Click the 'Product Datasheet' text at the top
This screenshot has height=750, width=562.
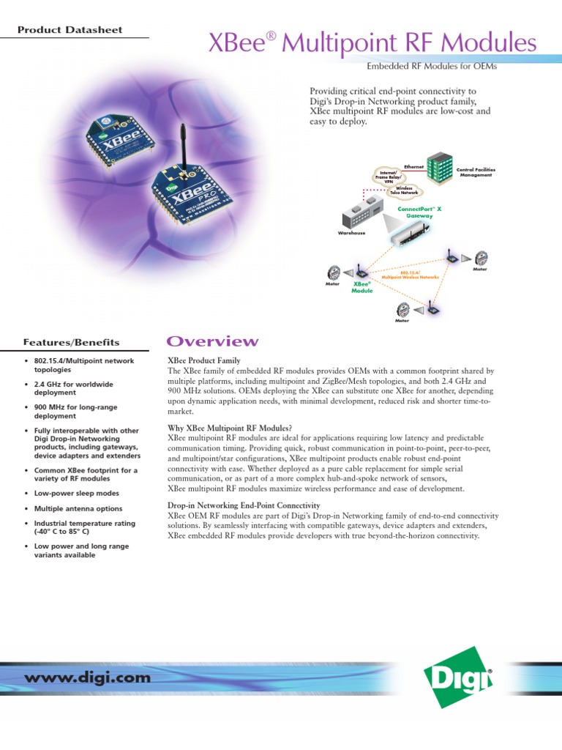70,30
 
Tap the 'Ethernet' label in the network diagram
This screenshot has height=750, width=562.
414,167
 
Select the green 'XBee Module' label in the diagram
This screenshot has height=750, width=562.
363,287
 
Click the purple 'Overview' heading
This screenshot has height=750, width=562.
213,341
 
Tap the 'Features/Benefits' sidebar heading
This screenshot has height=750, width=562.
70,342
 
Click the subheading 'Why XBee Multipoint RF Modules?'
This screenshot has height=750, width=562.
230,428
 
